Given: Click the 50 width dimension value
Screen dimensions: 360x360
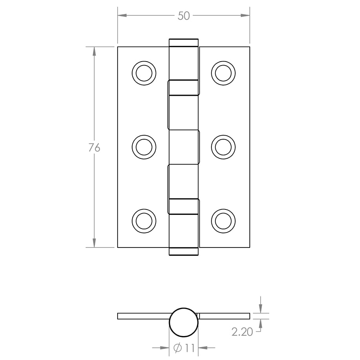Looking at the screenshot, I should click(x=184, y=16).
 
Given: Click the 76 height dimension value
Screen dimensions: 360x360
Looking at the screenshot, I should click(x=94, y=147).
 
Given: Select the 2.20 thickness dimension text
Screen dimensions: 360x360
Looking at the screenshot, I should click(x=242, y=332).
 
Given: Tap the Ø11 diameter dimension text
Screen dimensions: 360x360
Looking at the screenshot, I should click(x=184, y=347).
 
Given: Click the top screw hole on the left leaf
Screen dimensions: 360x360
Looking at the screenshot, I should click(x=144, y=73).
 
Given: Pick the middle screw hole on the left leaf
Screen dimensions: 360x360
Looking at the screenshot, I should click(x=144, y=147).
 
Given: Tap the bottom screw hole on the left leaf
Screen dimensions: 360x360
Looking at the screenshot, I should click(x=144, y=220).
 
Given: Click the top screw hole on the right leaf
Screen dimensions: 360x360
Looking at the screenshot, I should click(x=224, y=73).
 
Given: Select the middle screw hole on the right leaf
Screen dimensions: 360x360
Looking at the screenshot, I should click(x=224, y=147).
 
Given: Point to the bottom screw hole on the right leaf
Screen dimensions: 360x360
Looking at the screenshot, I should click(x=224, y=220).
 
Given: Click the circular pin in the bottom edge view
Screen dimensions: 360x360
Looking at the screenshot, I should click(x=184, y=322).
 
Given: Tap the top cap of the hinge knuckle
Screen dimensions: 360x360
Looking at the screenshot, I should click(x=184, y=42).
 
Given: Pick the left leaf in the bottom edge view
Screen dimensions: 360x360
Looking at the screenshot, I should click(x=143, y=316).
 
